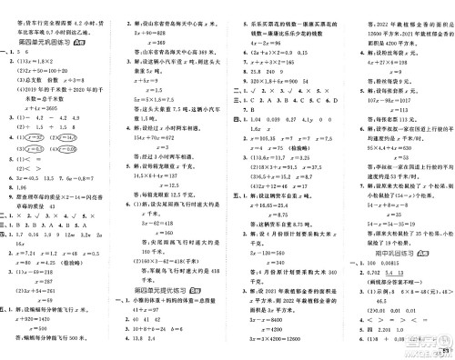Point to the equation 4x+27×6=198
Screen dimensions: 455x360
pos(373,56)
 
